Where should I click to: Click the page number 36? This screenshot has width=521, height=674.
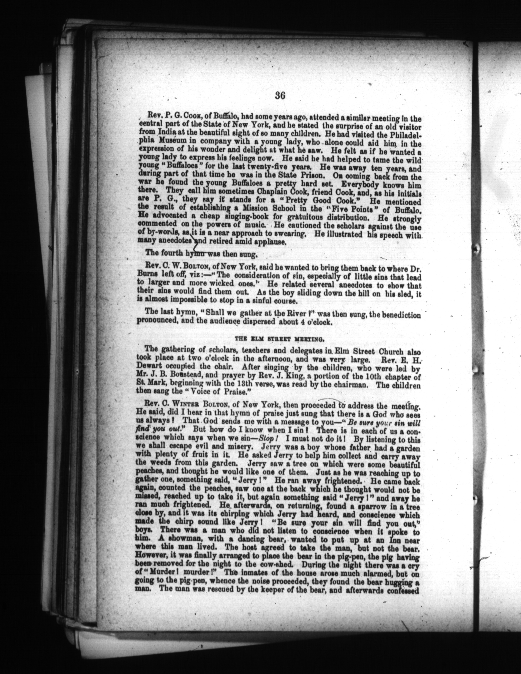(x=280, y=96)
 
